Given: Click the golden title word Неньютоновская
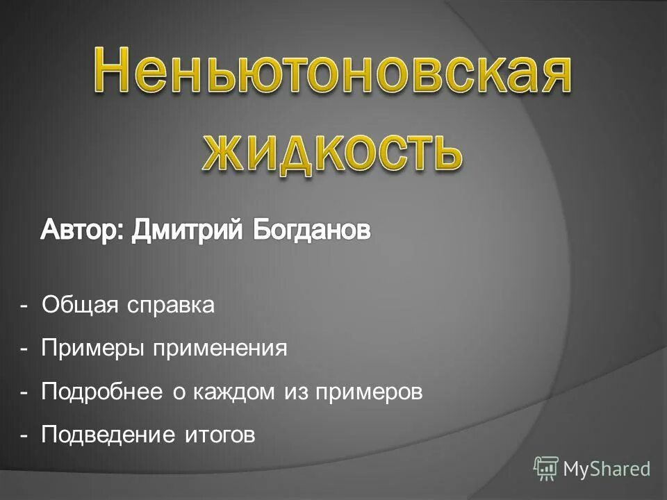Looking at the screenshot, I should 332,73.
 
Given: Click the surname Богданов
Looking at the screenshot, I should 311,231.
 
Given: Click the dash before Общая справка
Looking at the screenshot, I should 24,306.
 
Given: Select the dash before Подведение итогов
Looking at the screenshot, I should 24,436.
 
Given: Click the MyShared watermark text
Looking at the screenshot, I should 607,469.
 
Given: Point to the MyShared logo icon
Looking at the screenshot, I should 546,468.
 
